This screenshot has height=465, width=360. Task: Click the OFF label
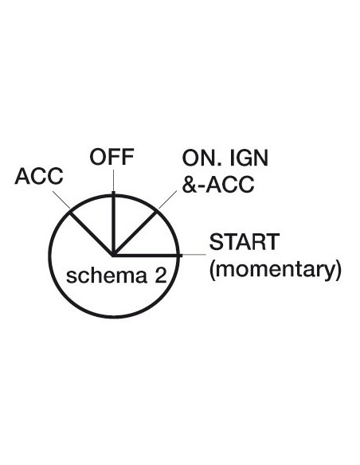coord(112,157)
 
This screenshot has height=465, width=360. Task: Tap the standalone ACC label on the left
coord(39,176)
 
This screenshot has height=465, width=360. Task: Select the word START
coord(245,242)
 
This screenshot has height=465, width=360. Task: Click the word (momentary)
coord(276,269)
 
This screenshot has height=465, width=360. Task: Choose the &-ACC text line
coord(218,184)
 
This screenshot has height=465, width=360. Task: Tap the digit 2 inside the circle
coord(160,275)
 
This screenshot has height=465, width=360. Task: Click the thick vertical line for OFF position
coord(113,223)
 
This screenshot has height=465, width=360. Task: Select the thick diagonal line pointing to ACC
coord(92,233)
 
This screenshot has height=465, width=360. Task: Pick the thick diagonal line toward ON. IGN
coord(135,233)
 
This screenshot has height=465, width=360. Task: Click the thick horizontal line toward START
coord(147,255)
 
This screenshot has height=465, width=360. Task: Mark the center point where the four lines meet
coord(113,255)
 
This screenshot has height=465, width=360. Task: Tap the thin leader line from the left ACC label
coord(61,200)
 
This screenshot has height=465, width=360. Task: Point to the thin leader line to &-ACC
coord(167,200)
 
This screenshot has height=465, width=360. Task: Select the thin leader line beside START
coord(194,255)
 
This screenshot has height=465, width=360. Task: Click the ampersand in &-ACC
coord(188,184)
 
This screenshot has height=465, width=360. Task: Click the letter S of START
coord(215,242)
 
